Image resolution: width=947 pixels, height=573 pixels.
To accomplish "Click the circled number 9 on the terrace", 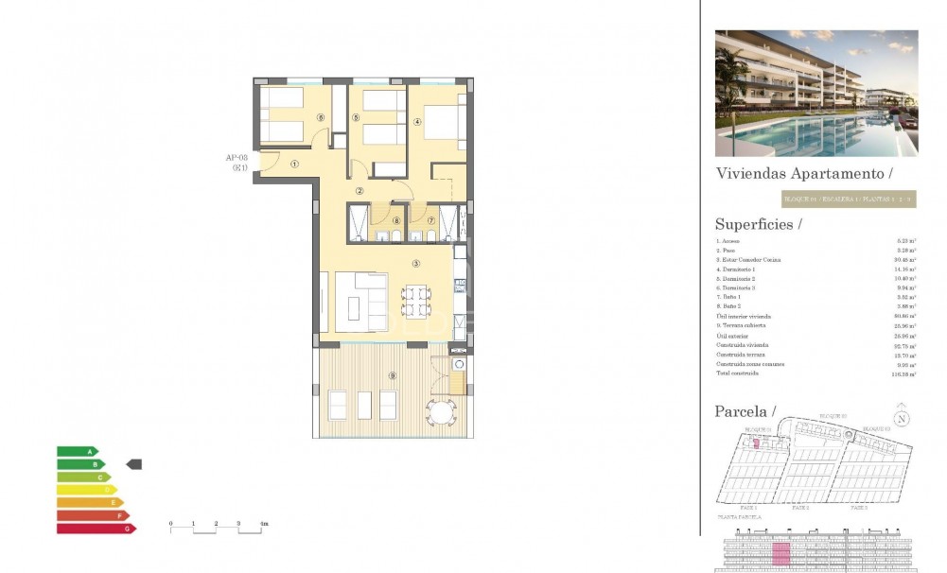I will click(392, 376).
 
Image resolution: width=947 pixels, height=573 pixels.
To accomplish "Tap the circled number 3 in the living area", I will click(416, 263).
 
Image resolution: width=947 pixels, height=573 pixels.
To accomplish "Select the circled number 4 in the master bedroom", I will click(417, 120).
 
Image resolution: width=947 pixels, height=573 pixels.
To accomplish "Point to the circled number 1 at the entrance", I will click(294, 164).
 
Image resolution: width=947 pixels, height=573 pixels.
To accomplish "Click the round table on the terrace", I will click(440, 410).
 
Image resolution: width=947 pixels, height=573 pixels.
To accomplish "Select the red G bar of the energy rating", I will click(96, 529).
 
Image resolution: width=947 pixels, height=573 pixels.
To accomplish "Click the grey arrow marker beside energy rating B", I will click(134, 464).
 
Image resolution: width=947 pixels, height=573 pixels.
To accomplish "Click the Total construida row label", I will click(737, 373).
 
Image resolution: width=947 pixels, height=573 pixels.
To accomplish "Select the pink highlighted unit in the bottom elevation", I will click(781, 553).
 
